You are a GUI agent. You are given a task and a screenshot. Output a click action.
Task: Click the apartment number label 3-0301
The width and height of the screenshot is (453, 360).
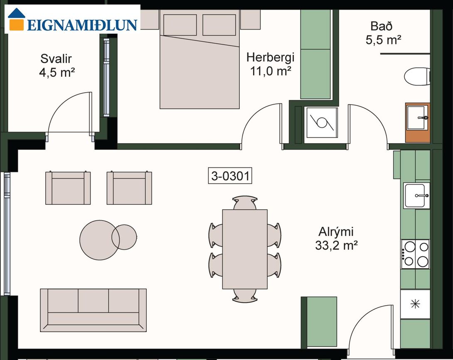point(230,176)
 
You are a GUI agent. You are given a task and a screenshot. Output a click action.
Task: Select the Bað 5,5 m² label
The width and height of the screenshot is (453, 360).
point(383,33)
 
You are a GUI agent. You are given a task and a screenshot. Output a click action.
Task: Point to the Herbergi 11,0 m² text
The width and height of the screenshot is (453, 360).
point(271,64)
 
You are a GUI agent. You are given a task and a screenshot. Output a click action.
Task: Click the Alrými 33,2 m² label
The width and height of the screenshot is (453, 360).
point(336,238)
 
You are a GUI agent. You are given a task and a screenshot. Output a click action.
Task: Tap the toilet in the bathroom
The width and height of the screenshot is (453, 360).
point(417,76)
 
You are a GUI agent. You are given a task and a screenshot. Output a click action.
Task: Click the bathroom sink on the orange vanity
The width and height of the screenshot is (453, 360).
point(417,117)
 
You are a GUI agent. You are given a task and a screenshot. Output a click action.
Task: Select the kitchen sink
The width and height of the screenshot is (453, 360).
point(416,196)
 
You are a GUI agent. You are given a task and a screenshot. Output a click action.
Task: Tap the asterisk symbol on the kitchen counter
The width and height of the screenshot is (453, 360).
point(415,304)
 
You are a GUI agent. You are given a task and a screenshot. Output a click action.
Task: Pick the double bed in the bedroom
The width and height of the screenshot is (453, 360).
point(199,59)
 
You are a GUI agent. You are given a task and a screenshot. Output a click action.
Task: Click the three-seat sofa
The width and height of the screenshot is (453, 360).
point(94,310)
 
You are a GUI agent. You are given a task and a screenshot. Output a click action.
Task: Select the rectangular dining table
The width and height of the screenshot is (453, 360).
point(245,249)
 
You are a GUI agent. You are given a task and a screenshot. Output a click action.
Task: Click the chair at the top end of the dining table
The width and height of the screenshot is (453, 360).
point(245,203)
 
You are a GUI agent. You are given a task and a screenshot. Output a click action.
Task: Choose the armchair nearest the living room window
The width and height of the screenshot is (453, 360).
point(68,188)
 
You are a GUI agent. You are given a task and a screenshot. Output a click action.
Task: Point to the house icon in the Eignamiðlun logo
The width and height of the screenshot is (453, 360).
point(17,19)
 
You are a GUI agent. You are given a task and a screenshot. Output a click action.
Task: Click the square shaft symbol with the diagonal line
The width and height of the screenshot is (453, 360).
point(322,123)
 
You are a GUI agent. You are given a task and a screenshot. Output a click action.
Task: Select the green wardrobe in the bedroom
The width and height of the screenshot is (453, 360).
point(315,54)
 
